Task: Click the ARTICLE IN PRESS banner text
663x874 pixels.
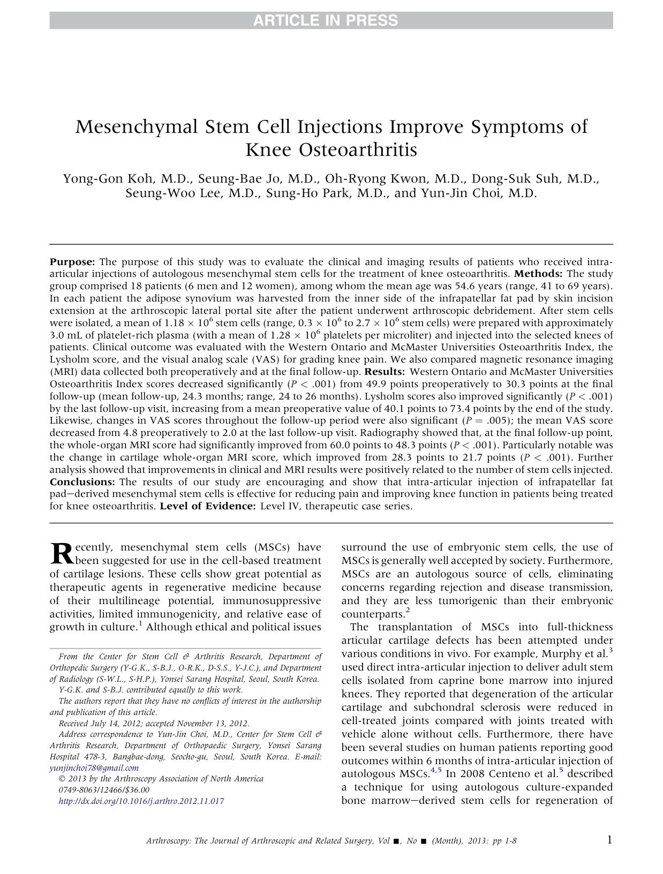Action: (325, 21)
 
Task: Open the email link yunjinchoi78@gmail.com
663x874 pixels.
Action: (94, 767)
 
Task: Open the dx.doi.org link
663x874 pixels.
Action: (140, 801)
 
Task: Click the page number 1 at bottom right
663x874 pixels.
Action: (609, 840)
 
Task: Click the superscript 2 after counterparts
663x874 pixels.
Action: (408, 611)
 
